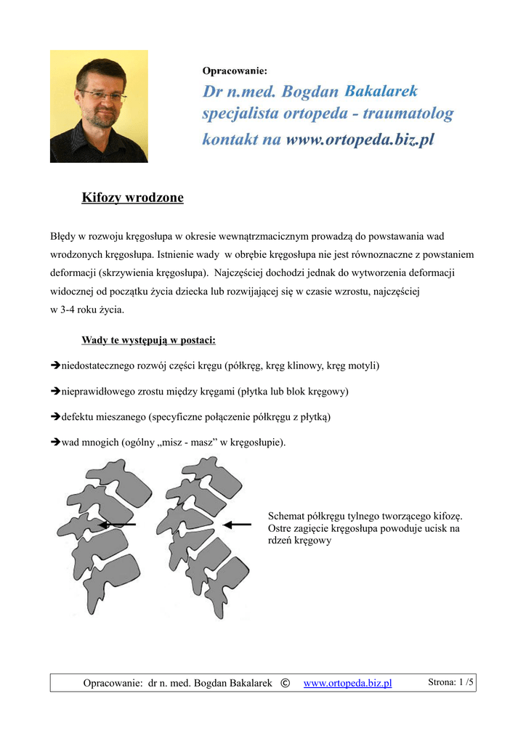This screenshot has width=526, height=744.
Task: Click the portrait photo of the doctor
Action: (99, 106)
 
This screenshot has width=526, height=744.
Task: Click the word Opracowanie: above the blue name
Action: (235, 71)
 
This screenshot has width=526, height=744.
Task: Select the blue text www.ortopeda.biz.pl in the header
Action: (360, 139)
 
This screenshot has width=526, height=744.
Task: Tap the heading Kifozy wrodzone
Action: (132, 198)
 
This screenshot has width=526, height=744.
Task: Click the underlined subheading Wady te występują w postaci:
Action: (148, 340)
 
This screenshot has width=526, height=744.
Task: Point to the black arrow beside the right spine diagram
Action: (237, 524)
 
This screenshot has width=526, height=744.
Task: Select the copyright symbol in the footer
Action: (284, 683)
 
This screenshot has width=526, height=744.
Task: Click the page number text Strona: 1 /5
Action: (450, 682)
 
